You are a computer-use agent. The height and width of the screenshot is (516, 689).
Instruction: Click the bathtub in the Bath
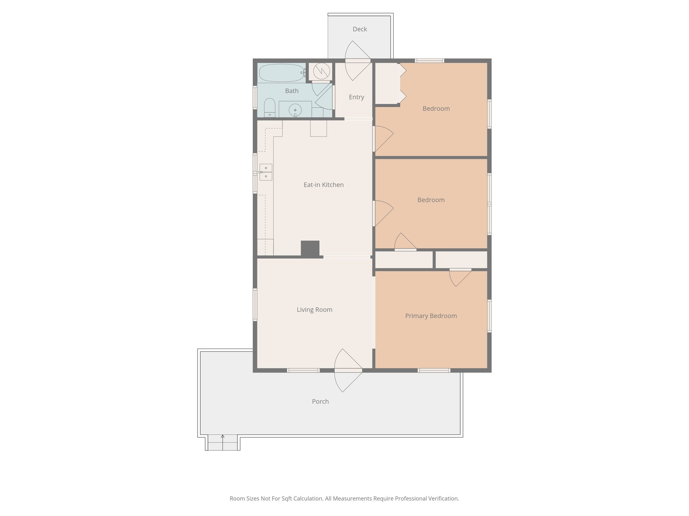point(281,73)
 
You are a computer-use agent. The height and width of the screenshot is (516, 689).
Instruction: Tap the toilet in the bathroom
point(269,107)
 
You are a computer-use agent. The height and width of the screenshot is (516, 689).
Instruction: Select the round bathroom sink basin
point(295,110)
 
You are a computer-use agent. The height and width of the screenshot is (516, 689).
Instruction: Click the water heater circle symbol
point(321,71)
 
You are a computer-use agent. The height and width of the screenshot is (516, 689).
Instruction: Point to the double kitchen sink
point(266,172)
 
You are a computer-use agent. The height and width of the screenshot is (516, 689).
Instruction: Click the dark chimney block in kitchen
point(310,249)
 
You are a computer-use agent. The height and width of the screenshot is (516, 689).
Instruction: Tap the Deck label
point(360,29)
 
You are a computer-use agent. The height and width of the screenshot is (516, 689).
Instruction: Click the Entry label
point(356,97)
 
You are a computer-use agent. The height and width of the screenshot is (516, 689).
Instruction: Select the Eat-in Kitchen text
point(323,185)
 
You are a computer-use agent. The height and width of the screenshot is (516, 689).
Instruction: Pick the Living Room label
point(314,310)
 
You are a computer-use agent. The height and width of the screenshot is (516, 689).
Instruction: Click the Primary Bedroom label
point(431,316)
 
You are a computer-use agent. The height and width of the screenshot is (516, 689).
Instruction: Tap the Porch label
point(320,401)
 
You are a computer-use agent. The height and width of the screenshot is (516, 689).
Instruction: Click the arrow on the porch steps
point(222,437)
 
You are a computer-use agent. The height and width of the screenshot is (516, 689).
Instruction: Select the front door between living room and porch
point(348,371)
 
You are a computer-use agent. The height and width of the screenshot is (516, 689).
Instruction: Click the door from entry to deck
point(358,61)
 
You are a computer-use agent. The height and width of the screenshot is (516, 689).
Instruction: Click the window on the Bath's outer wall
point(255,97)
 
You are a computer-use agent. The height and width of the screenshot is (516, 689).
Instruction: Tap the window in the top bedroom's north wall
point(429,61)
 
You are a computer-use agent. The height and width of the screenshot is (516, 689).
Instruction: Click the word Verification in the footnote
point(443,499)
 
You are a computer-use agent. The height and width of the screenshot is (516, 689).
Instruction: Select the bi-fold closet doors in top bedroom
point(401,83)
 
